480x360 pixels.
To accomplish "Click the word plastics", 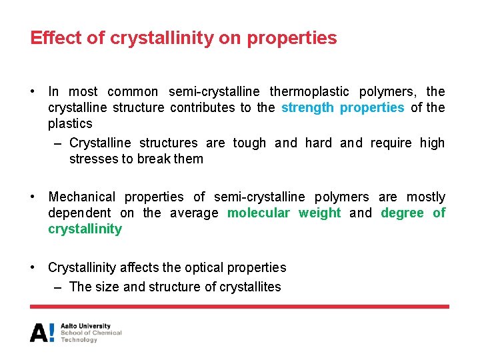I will click(x=70, y=123).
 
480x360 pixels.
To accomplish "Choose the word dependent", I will click(x=79, y=213).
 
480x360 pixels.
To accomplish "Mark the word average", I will click(x=194, y=213).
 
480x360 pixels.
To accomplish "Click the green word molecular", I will click(x=259, y=213).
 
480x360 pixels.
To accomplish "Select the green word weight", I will click(x=319, y=213).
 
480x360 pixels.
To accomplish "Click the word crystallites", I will click(x=249, y=287).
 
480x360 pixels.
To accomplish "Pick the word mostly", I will click(x=426, y=197).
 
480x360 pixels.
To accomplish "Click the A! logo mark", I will click(x=42, y=333).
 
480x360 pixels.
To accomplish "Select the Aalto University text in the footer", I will click(x=85, y=327).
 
